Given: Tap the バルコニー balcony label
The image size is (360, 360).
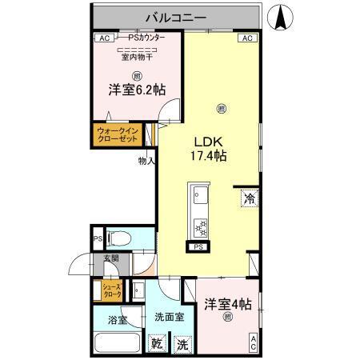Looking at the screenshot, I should pos(176,16).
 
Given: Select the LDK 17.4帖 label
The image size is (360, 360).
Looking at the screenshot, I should pos(206,150).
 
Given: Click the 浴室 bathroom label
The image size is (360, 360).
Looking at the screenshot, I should pos(117,320).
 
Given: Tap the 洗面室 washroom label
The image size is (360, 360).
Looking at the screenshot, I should pos(169,317).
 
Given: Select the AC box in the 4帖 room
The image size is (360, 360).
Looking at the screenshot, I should pos(253,342).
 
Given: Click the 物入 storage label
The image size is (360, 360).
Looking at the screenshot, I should pos(146,161).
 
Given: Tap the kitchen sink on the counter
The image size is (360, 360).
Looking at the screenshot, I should pos(199,196).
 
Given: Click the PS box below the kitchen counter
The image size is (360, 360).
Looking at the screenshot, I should pos(198,248).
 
